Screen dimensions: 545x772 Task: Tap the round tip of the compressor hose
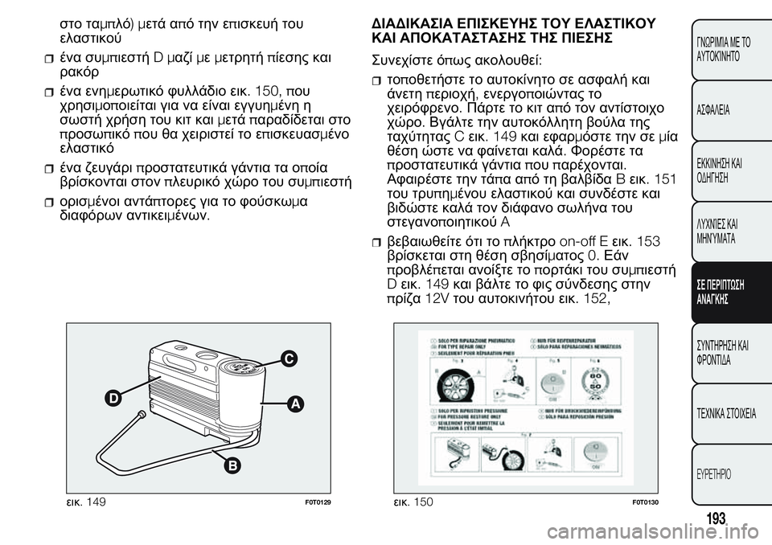[x=142, y=415]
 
